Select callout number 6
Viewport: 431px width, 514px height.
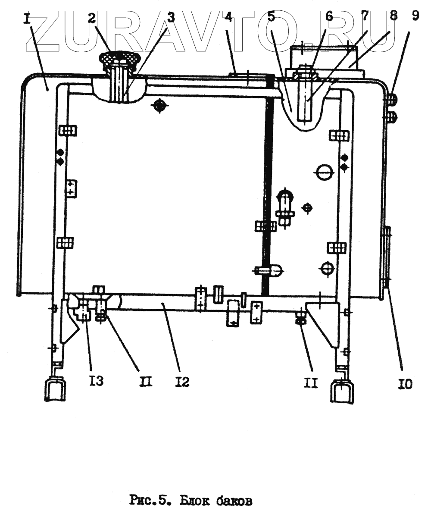pyautogui.click(x=329, y=17)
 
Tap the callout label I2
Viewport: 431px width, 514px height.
pyautogui.click(x=182, y=382)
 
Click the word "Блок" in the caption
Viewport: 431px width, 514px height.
pyautogui.click(x=200, y=501)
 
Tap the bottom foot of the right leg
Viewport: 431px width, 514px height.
pyautogui.click(x=343, y=390)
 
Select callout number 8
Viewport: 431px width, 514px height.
pyautogui.click(x=393, y=17)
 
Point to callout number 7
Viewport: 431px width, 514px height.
pyautogui.click(x=365, y=17)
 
